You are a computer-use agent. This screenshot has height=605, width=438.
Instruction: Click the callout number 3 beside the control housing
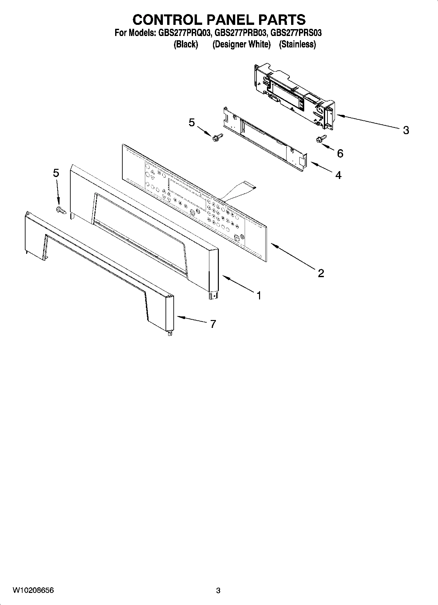click(406, 130)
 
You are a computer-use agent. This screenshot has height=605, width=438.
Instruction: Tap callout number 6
click(340, 153)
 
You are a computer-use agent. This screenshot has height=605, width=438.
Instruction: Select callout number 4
click(338, 175)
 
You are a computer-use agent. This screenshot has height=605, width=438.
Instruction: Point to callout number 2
click(321, 273)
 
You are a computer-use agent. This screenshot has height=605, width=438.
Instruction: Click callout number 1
click(259, 295)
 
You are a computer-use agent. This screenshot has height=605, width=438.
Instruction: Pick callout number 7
click(213, 324)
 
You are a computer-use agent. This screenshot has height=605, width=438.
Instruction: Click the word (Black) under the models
click(185, 44)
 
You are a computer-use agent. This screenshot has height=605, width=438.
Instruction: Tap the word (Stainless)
click(297, 44)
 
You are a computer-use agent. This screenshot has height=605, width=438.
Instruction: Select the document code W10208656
click(33, 591)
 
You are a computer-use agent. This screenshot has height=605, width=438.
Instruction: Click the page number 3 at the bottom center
click(219, 591)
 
